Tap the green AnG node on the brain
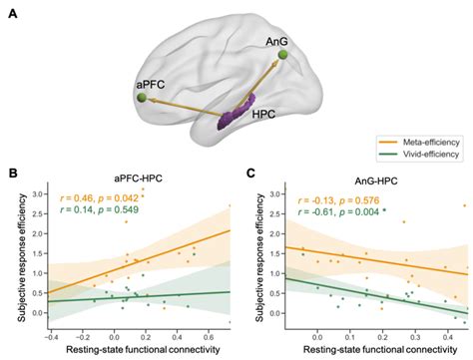[x=283, y=57]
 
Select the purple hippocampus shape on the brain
[x=237, y=110]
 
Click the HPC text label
[x=265, y=118]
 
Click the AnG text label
[x=278, y=41]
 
